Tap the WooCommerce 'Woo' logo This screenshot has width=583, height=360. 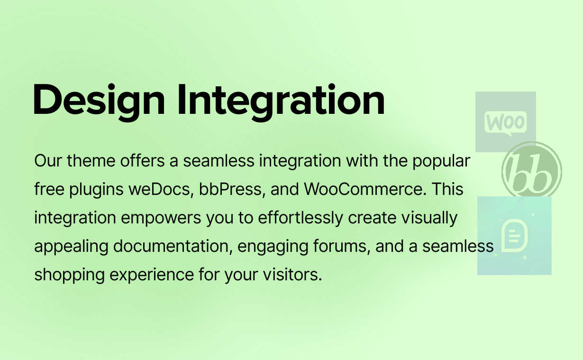[x=505, y=121]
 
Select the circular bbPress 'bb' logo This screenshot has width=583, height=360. [x=532, y=171]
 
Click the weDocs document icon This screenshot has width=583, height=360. [x=514, y=235]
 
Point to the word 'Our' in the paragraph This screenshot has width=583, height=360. [x=48, y=161]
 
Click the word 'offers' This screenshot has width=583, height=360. [x=142, y=161]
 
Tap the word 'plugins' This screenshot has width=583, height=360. [x=96, y=190]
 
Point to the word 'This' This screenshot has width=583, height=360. [x=447, y=189]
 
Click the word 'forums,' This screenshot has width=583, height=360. [x=342, y=246]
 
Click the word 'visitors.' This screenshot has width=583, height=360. [x=292, y=275]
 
